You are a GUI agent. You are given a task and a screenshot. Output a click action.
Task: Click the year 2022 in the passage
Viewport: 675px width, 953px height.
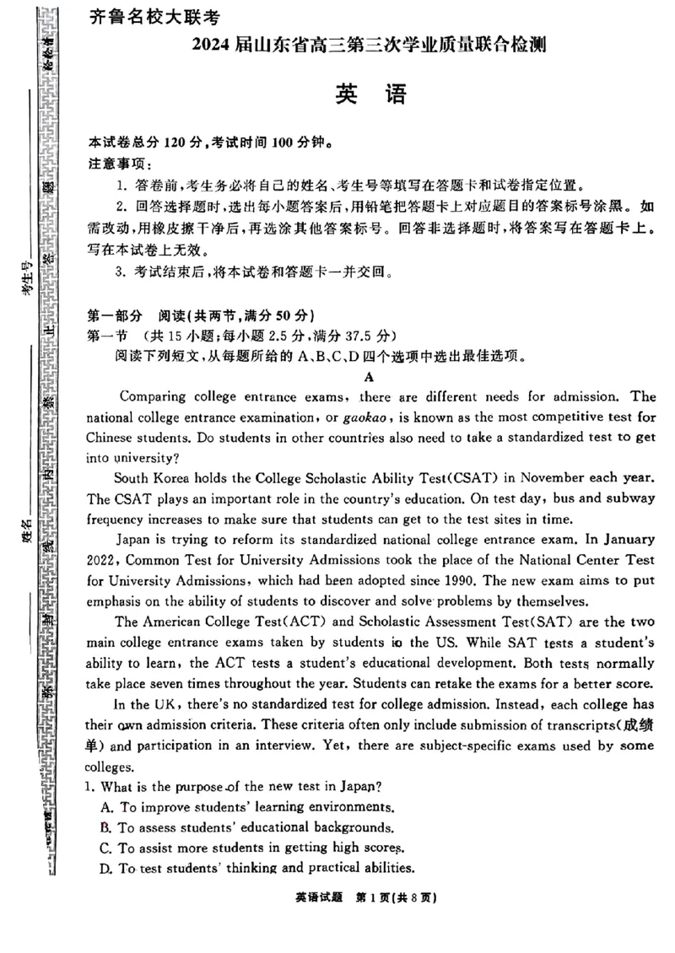point(103,561)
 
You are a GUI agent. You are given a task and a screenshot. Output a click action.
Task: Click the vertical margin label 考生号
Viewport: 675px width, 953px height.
point(27,277)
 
